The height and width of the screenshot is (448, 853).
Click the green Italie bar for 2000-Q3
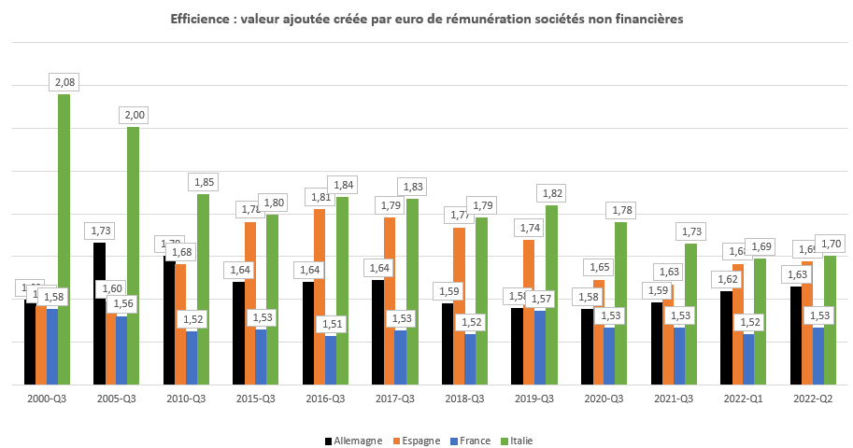(x=64, y=243)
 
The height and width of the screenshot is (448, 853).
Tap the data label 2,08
(x=65, y=83)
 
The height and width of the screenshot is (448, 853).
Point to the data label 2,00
(x=134, y=115)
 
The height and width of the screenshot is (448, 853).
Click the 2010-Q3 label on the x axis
(x=186, y=399)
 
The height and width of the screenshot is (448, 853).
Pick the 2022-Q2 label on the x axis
(x=813, y=399)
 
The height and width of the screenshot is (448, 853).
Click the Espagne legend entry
(x=415, y=441)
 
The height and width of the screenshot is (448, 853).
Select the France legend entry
(x=473, y=441)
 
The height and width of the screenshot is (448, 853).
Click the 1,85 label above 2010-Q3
(x=204, y=181)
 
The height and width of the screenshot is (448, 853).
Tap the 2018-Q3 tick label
(x=464, y=399)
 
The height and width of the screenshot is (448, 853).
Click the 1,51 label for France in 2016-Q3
(x=331, y=323)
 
